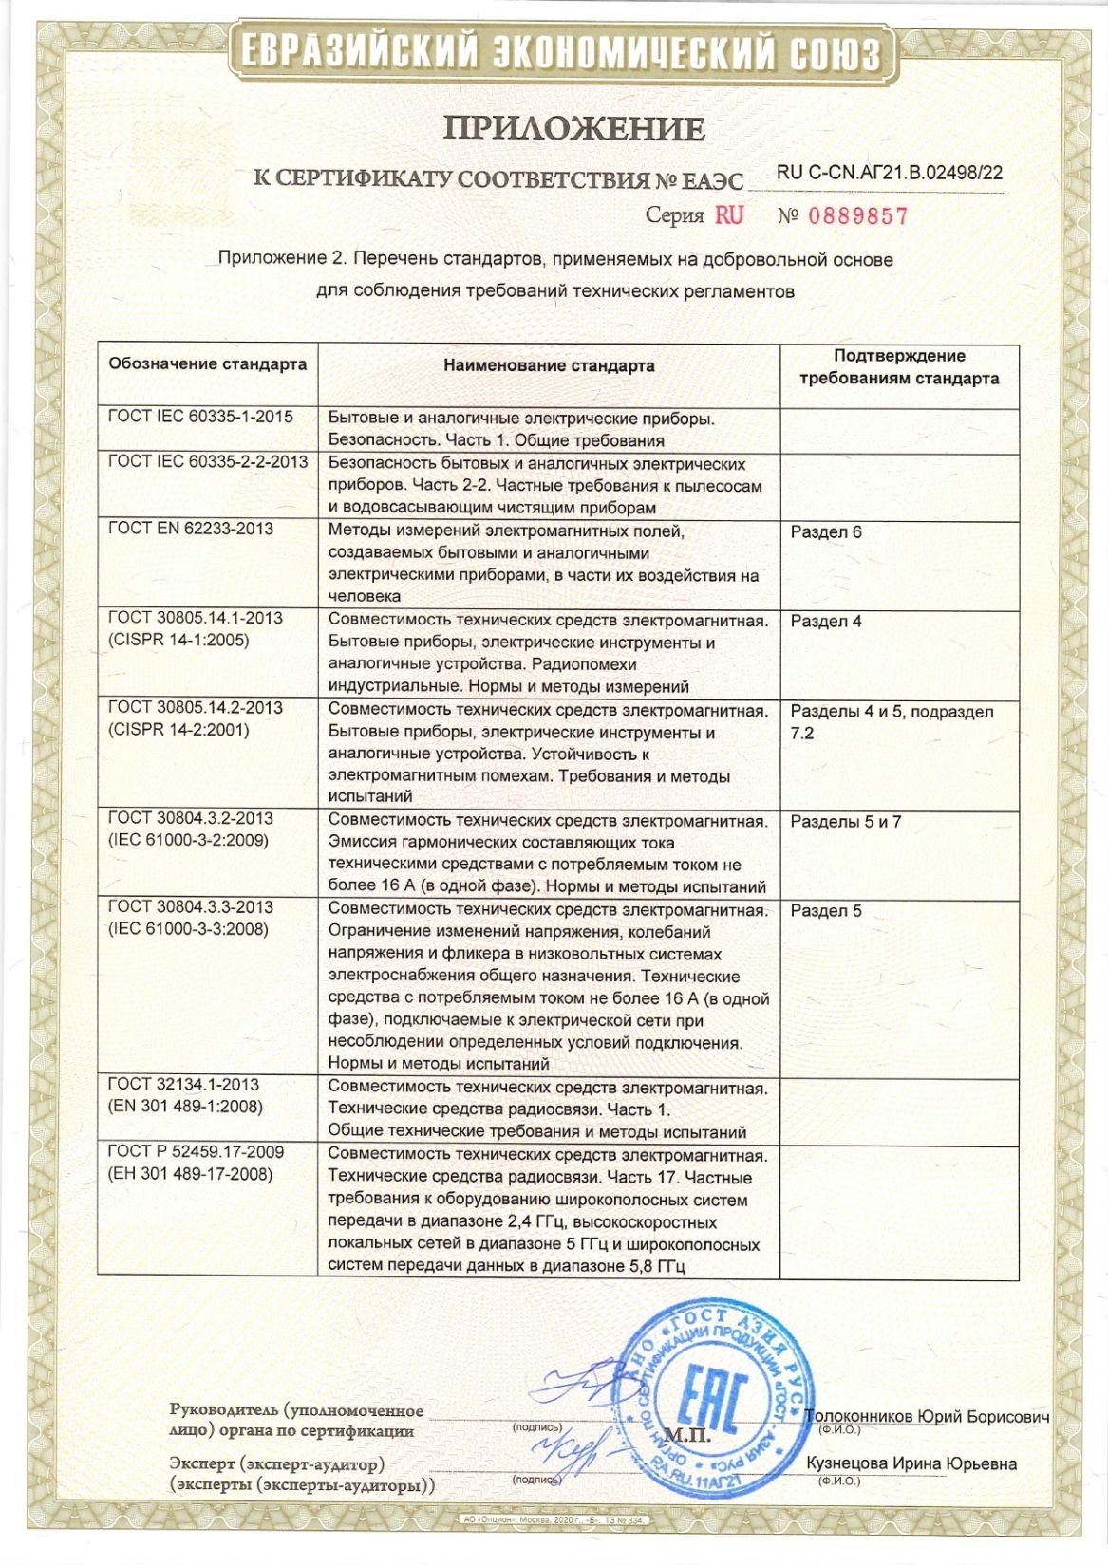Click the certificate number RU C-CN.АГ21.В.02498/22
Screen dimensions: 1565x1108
[889, 173]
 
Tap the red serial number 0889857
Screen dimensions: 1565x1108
[857, 216]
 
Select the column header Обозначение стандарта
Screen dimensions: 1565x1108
[207, 364]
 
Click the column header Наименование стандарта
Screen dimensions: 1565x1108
[549, 365]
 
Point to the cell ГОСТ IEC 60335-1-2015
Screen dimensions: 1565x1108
[200, 417]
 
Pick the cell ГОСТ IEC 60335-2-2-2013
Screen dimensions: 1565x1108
[208, 462]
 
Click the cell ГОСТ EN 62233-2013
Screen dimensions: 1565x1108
[191, 529]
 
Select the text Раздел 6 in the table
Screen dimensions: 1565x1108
[826, 532]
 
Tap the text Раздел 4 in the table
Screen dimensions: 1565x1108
[826, 622]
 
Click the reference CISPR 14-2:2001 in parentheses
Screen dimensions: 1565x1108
[178, 730]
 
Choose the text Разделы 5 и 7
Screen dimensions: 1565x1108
[845, 822]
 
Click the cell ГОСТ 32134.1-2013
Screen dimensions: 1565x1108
[183, 1084]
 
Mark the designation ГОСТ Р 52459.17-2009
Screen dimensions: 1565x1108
[196, 1152]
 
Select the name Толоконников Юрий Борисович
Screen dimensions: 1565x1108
[927, 1417]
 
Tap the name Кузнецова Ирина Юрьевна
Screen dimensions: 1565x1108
[911, 1463]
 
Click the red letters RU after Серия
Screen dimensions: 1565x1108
[729, 215]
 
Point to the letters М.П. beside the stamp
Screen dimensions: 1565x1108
[689, 1434]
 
